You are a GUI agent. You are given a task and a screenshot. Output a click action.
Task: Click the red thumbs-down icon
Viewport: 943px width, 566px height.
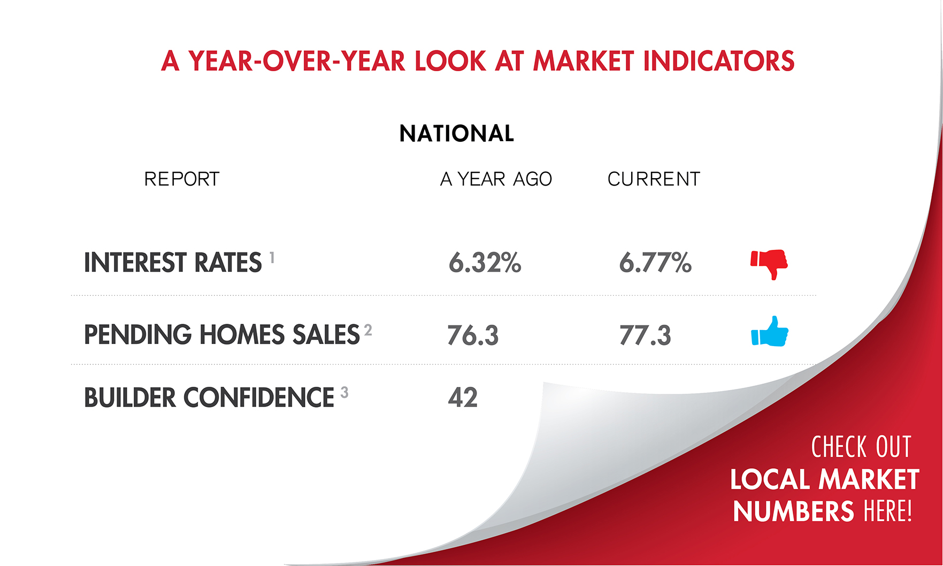[769, 264]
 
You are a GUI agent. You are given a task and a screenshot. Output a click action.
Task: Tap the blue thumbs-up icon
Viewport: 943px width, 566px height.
[770, 332]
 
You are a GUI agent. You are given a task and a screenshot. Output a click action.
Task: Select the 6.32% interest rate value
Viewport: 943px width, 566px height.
[485, 263]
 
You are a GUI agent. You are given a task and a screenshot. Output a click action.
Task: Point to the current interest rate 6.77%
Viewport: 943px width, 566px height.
[655, 263]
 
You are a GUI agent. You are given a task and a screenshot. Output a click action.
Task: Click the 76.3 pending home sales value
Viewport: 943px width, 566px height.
[473, 335]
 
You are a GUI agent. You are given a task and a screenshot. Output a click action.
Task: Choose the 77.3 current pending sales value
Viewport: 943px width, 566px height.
[645, 335]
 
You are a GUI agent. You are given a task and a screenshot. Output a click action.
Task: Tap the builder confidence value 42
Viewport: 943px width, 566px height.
[463, 397]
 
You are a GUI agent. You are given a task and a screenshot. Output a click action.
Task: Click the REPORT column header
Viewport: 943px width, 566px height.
[182, 179]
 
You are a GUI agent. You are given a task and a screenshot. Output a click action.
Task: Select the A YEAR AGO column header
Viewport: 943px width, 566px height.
[496, 179]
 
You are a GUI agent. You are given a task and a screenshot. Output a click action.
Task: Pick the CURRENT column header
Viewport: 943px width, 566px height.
[654, 179]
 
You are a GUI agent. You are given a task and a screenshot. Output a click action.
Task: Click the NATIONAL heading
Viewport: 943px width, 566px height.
[457, 133]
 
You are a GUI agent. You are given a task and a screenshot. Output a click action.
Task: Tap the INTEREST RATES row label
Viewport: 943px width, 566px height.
[173, 263]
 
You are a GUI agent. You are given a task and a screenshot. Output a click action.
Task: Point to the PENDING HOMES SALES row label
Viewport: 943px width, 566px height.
[222, 335]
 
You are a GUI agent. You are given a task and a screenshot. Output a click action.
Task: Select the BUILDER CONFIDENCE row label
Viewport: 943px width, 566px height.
[209, 397]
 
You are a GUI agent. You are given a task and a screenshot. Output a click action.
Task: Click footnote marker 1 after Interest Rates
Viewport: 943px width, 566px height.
[272, 257]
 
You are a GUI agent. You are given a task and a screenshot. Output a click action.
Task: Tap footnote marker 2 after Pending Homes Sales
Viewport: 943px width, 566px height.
[368, 330]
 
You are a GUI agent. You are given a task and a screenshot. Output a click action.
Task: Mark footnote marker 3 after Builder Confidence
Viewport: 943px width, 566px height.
[344, 393]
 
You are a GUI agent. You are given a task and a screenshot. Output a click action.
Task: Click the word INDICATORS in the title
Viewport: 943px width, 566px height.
[719, 60]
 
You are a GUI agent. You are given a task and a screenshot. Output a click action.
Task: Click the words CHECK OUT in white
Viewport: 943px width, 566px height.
[861, 447]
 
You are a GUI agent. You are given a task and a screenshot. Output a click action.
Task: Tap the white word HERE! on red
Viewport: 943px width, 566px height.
[888, 511]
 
